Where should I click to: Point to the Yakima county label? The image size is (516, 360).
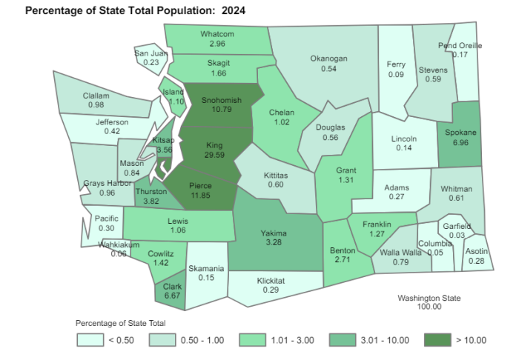[x=274, y=233]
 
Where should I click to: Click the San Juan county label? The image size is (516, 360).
[x=151, y=53]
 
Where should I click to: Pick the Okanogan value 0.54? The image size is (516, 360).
[x=329, y=68]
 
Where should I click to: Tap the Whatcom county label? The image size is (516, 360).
[x=217, y=34]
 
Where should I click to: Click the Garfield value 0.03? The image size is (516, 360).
[x=457, y=235]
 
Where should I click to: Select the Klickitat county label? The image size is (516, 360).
[x=271, y=281]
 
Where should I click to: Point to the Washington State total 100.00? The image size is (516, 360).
[x=429, y=307]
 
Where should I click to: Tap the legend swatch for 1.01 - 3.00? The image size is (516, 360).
[x=251, y=340]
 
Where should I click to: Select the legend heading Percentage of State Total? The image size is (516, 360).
[x=120, y=323]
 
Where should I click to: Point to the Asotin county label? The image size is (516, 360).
[x=477, y=251]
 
